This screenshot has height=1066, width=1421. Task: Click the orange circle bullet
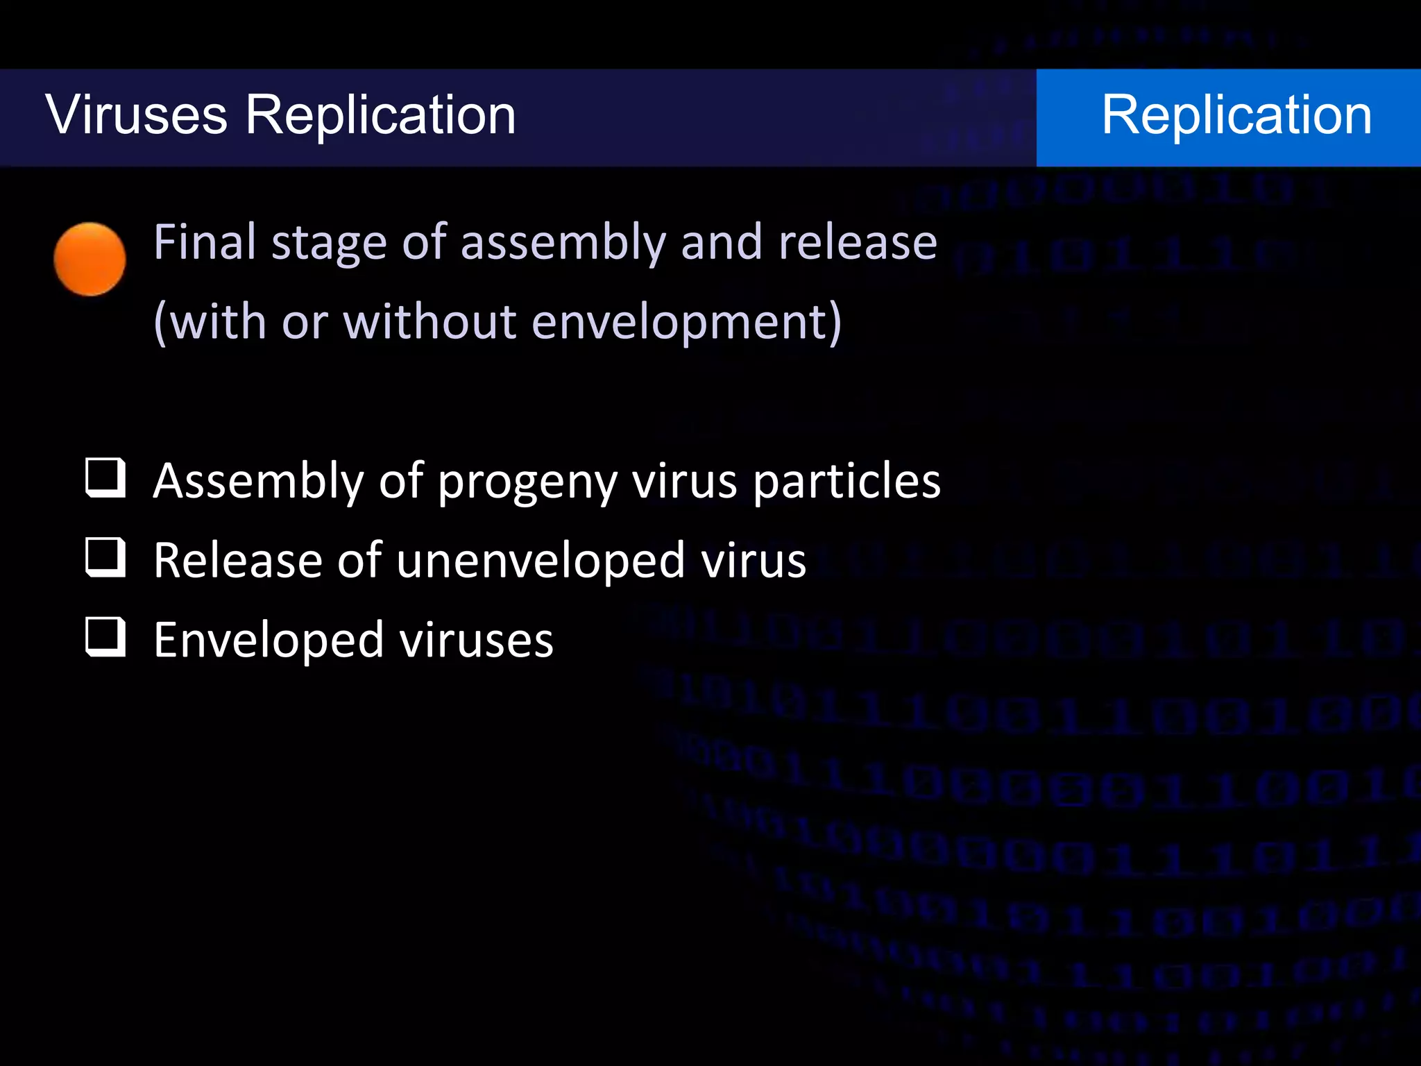[90, 260]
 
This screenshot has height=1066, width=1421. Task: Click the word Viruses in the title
[137, 115]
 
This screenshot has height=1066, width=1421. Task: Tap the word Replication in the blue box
[1236, 115]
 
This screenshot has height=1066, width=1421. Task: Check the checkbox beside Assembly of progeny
[105, 477]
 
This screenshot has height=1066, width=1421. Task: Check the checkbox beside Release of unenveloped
[105, 557]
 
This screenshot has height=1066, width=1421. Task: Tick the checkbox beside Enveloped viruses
[105, 637]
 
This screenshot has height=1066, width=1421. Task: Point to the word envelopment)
[687, 322]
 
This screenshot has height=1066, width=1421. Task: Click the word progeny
[527, 482]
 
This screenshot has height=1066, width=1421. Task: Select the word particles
[846, 480]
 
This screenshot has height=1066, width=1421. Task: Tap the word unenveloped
[541, 561]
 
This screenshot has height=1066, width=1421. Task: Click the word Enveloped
[269, 641]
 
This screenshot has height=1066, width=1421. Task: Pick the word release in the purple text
[858, 242]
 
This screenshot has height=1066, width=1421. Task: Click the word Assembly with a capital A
[257, 482]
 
